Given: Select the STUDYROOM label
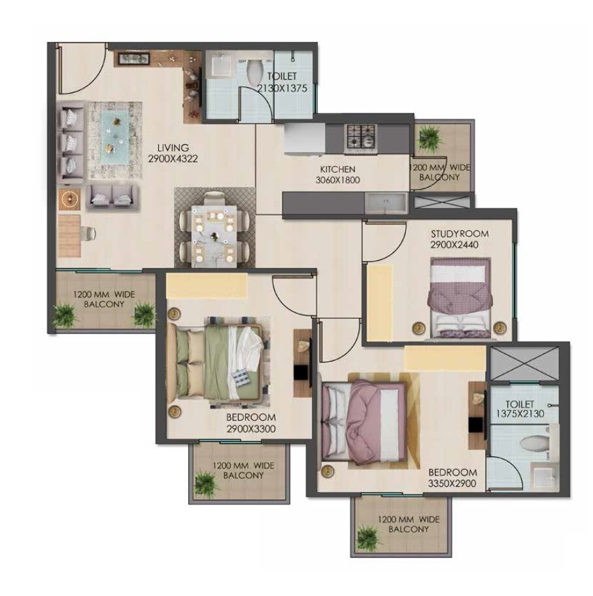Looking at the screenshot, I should click(459, 234).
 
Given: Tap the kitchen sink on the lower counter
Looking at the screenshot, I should click(385, 203).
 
